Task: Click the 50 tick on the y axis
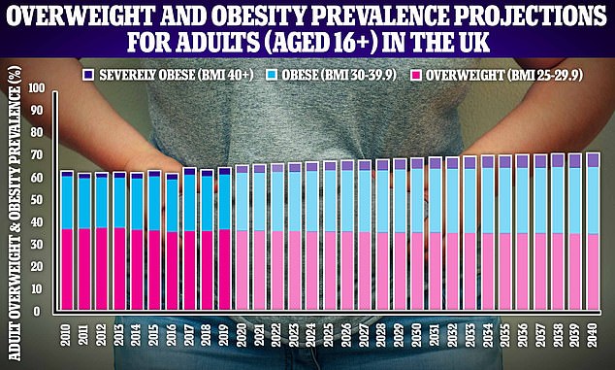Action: (x=38, y=200)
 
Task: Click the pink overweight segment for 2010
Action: (x=67, y=271)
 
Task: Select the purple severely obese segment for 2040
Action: (x=593, y=160)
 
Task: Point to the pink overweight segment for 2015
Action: (x=154, y=272)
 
